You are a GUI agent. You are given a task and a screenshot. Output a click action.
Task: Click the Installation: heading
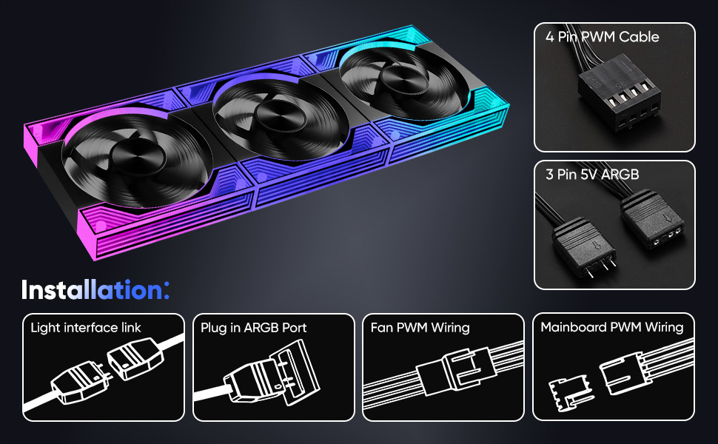[x=95, y=290]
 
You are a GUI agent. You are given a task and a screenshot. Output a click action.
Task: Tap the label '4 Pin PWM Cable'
[x=602, y=36]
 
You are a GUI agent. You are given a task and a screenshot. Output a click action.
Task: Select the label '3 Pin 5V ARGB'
[x=592, y=175]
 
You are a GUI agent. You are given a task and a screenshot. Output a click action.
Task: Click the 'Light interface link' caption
[x=86, y=328]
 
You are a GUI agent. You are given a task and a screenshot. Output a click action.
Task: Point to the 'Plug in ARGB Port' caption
[x=253, y=328]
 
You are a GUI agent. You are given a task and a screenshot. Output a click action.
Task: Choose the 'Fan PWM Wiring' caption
[x=420, y=328]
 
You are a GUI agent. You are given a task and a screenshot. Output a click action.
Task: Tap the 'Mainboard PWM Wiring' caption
[x=611, y=327]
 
